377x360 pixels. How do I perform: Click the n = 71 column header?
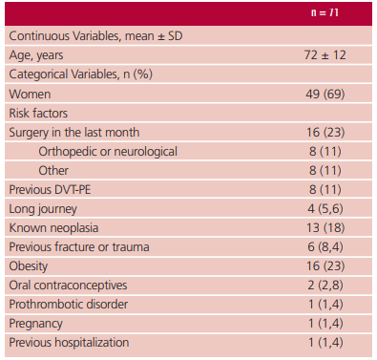point(325,12)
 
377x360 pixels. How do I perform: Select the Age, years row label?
point(36,55)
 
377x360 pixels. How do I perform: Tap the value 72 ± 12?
point(325,55)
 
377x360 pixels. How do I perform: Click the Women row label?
point(30,95)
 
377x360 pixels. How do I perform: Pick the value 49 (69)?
point(325,94)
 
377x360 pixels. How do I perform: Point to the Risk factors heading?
point(38,114)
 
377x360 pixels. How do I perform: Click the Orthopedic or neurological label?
point(108,152)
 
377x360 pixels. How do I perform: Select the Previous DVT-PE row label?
point(50,190)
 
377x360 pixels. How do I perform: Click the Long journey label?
point(43,209)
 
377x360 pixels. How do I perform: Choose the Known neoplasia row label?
point(53,228)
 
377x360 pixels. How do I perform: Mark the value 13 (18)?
point(325,227)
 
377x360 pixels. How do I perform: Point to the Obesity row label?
point(29,266)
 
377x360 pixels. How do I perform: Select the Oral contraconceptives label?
point(68,286)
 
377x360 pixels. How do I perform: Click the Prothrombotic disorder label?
point(69,305)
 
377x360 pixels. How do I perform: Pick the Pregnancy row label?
point(35,324)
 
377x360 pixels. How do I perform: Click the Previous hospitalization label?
point(69,343)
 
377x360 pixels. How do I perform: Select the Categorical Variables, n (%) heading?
point(81,74)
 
